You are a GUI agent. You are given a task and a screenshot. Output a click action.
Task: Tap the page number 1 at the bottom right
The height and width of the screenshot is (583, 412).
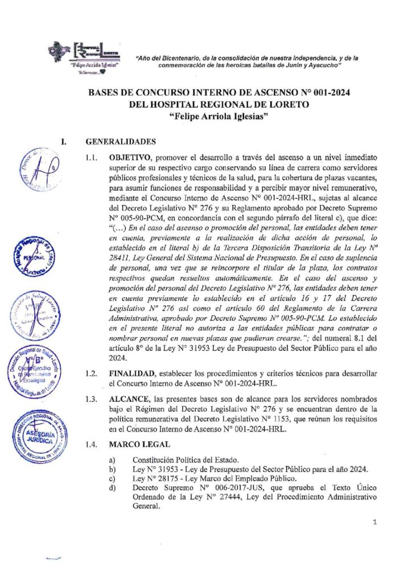click(x=376, y=522)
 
